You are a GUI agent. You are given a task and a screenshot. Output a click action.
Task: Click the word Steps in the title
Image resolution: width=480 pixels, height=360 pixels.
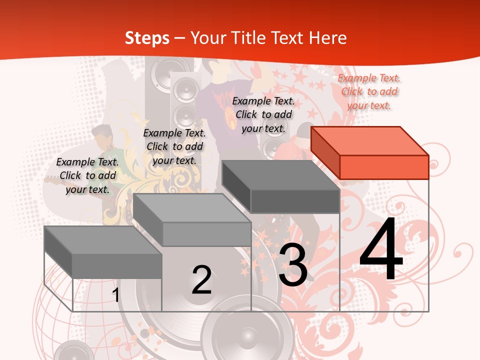tap(147, 38)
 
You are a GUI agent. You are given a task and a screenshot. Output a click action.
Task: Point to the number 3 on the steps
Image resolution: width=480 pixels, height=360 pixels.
tap(292, 265)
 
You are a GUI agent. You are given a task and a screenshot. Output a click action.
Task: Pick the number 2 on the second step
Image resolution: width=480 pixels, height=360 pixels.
tap(201, 280)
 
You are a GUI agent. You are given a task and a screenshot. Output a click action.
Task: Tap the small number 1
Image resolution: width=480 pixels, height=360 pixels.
tap(115, 295)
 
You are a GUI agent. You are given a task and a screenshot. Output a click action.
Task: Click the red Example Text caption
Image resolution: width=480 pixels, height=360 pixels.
tap(369, 91)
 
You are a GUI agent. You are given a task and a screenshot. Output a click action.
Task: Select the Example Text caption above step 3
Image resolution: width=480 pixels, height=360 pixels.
tap(263, 114)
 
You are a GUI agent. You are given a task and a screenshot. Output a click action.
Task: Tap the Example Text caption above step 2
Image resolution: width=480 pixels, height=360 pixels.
tap(174, 146)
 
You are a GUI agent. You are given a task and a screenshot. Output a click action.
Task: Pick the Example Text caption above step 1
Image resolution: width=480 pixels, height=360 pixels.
tap(87, 175)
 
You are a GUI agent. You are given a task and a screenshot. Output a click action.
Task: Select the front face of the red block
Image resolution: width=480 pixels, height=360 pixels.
tap(384, 167)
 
